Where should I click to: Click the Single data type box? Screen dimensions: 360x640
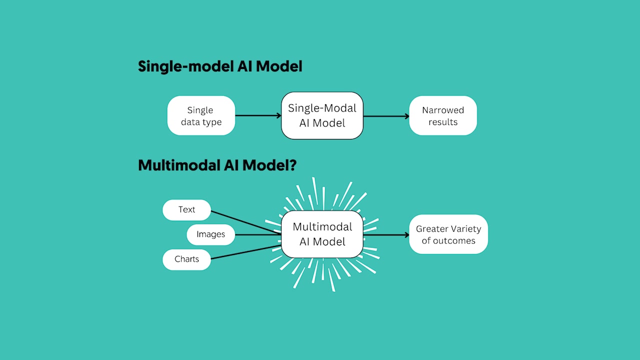(201, 115)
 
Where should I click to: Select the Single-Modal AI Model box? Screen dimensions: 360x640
(322, 115)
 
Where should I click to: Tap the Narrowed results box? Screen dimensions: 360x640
(442, 115)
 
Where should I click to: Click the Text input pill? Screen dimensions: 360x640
(186, 209)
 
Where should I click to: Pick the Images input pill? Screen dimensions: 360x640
(210, 234)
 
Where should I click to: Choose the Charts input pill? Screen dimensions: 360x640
(186, 259)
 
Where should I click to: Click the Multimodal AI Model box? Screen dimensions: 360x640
(322, 234)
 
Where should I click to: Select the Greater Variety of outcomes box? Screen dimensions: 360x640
(448, 234)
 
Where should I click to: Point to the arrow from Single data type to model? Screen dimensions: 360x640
(258, 115)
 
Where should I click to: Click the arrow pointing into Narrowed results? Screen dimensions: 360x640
(386, 116)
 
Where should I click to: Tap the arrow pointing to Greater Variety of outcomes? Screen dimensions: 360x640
(386, 234)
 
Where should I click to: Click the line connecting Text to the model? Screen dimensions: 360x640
(245, 222)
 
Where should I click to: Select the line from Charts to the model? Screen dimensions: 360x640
(245, 252)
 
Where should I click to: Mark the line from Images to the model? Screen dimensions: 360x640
(257, 234)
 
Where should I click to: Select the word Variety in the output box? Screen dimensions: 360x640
(465, 229)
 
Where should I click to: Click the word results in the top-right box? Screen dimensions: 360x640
(443, 122)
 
